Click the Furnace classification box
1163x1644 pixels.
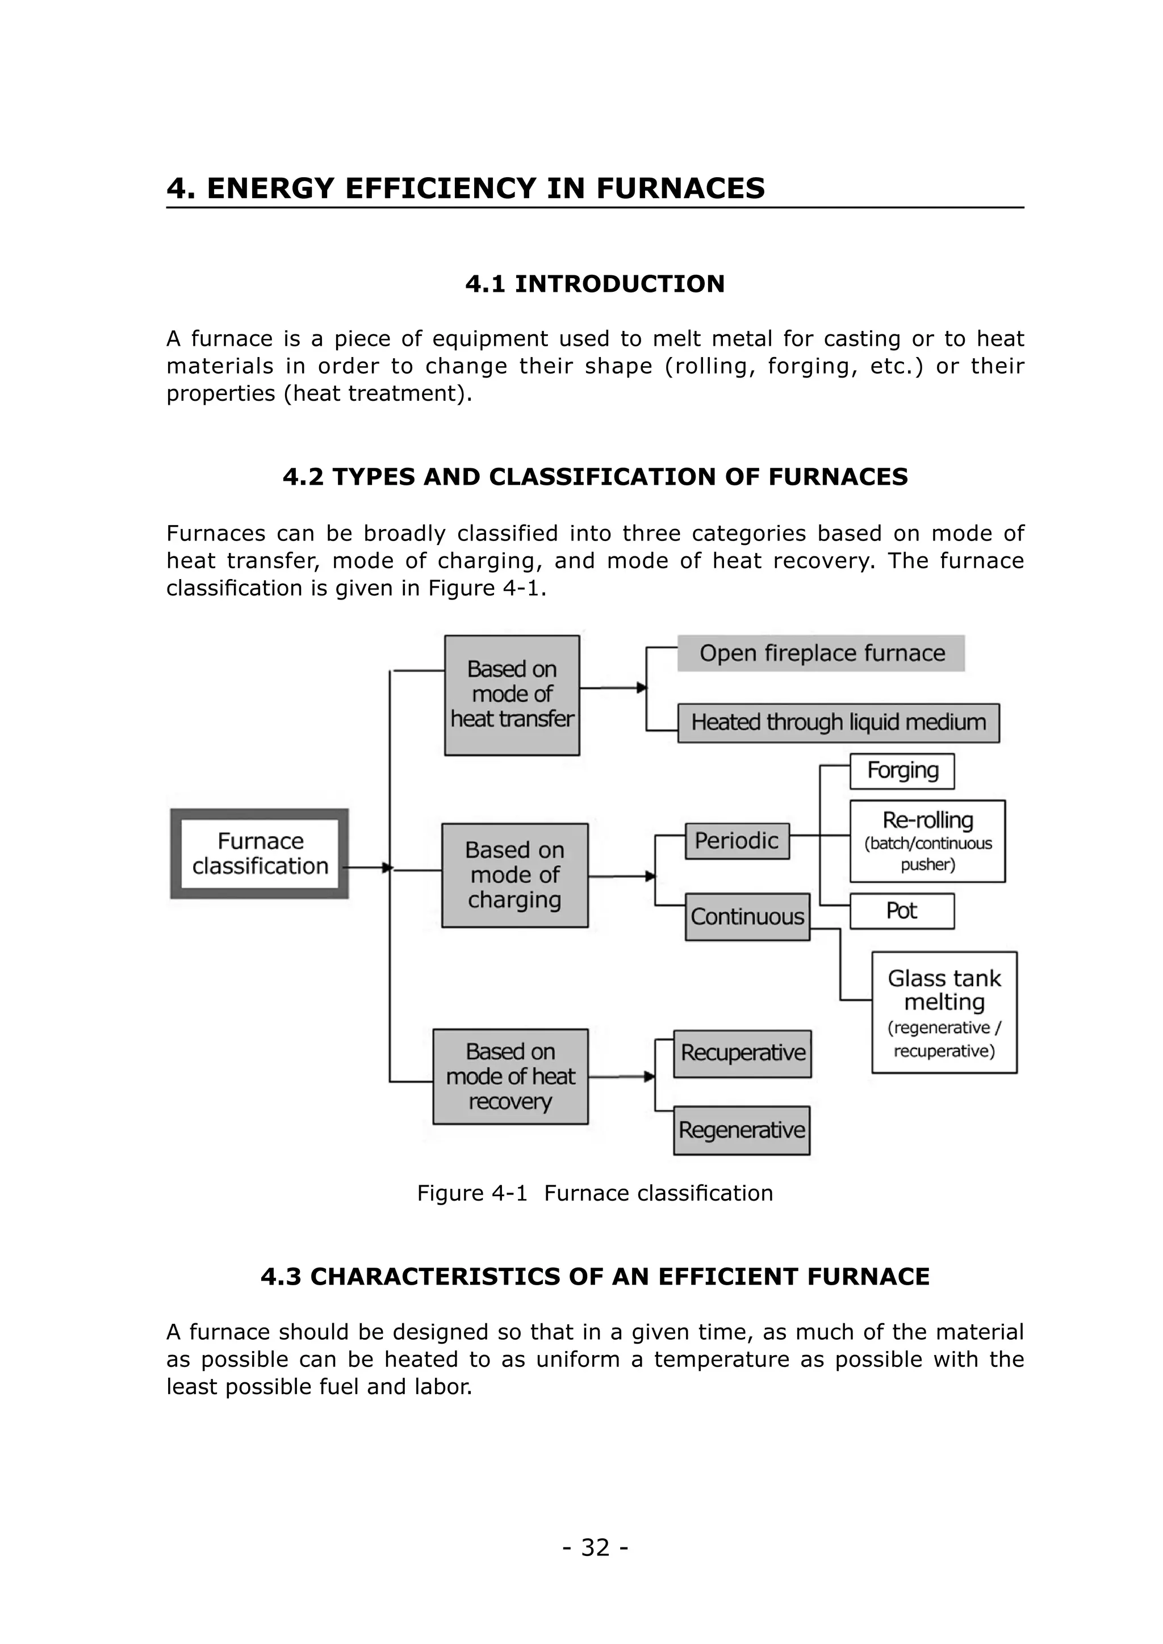click(260, 853)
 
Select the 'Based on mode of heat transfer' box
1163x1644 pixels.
click(512, 694)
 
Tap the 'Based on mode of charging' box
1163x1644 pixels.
click(515, 875)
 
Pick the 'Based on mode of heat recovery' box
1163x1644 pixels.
click(511, 1076)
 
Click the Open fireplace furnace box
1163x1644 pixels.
click(821, 653)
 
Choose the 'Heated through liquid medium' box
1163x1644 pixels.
click(839, 723)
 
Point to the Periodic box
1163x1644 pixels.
click(737, 841)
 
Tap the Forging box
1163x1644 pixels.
click(902, 770)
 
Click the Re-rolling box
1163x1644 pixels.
click(927, 841)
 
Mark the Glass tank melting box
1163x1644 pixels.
click(944, 1013)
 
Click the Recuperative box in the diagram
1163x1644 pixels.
click(743, 1053)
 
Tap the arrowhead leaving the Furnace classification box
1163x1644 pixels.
click(387, 868)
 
